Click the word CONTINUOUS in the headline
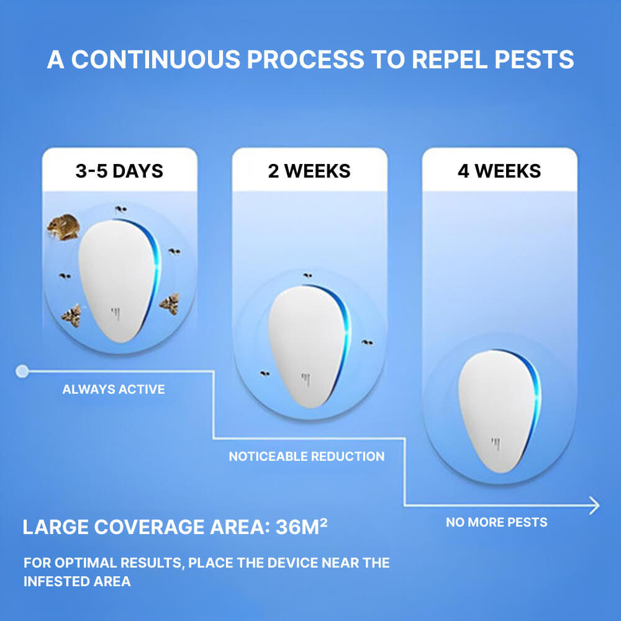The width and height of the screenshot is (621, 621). coord(156,60)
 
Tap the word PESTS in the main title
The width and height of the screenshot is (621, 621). coord(534,60)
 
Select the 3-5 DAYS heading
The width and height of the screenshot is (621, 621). coord(119,171)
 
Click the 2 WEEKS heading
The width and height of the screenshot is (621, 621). coord(309,171)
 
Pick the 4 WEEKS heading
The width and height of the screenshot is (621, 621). coord(499,171)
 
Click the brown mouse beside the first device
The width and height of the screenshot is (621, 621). coord(63,227)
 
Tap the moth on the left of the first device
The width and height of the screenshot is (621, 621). coord(71,315)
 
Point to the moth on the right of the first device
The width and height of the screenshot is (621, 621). coord(170,304)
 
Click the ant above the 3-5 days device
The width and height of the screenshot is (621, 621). coord(121,209)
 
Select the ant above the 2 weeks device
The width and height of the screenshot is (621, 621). coord(308,275)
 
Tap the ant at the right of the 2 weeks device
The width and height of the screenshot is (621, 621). coord(367,342)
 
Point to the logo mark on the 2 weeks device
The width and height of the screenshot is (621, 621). coord(306,379)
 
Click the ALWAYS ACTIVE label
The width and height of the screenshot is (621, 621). coord(114,389)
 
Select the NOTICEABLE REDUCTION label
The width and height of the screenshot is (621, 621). coord(307,456)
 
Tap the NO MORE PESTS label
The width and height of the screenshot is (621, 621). coord(497,522)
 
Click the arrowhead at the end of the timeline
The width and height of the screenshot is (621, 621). coord(596,505)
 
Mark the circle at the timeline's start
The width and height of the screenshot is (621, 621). coord(22,371)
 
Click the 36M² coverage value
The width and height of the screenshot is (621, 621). coord(301,527)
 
